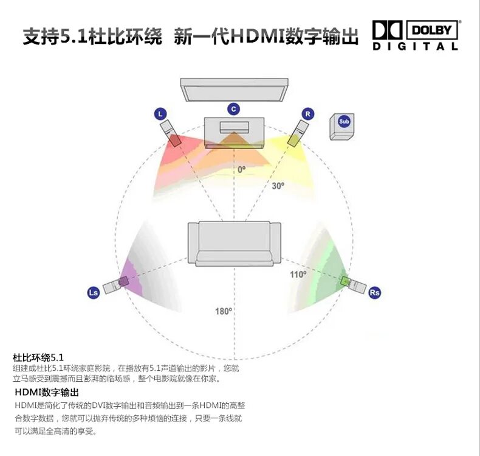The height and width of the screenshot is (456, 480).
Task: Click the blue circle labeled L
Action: [x=160, y=114]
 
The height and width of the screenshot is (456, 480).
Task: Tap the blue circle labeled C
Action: [x=233, y=109]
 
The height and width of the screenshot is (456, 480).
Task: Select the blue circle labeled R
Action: [x=308, y=114]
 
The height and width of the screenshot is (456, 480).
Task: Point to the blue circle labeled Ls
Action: [x=94, y=293]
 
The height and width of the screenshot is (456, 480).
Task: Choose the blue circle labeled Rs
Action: [x=375, y=292]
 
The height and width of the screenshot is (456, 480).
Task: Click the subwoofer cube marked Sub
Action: [x=343, y=125]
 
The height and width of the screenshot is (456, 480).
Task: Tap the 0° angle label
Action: [x=242, y=169]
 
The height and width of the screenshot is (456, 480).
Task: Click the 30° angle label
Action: [x=278, y=186]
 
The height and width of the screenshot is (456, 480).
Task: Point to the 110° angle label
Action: [x=298, y=275]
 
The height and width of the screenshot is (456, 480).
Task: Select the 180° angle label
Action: [x=223, y=311]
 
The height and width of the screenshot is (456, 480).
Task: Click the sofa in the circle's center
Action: [x=234, y=243]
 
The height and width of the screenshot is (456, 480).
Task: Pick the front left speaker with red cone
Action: [x=170, y=133]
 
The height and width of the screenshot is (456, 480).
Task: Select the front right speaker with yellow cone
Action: [x=297, y=133]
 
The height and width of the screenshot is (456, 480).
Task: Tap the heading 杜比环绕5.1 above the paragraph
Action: [x=38, y=357]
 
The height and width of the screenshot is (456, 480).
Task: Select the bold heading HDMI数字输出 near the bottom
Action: [x=47, y=392]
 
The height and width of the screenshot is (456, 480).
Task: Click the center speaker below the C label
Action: [x=234, y=132]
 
